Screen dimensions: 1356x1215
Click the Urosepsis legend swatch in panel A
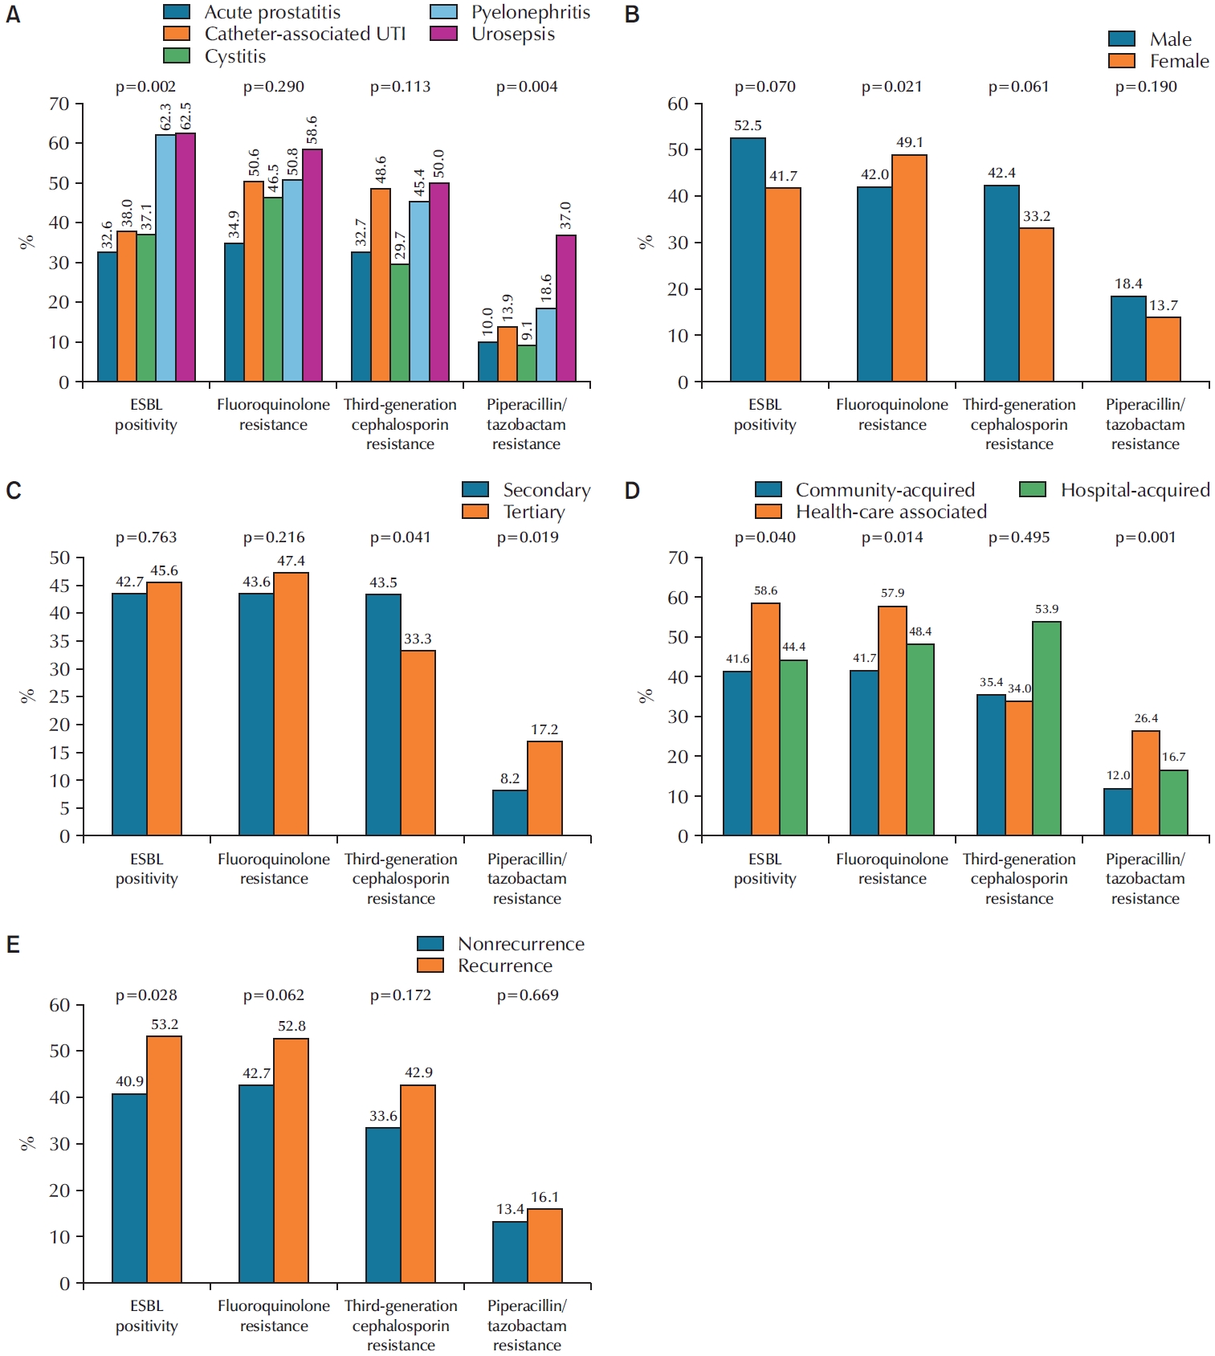click(443, 34)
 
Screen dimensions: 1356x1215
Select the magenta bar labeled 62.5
click(186, 257)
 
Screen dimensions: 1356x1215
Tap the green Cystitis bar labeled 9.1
click(527, 363)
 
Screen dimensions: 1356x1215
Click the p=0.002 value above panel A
click(145, 87)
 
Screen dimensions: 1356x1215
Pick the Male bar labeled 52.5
click(748, 259)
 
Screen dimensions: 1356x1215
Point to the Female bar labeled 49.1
click(909, 268)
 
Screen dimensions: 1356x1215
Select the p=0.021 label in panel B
click(891, 87)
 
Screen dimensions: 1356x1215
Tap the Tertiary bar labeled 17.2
click(544, 788)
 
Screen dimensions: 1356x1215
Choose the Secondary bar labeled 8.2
click(510, 813)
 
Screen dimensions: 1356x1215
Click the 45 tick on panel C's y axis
click(60, 586)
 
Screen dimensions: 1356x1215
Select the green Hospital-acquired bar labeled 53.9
click(1046, 729)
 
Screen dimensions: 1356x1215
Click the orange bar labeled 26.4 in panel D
click(1146, 783)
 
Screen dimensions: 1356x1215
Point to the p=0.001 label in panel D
click(1145, 537)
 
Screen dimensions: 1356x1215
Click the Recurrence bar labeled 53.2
click(164, 1159)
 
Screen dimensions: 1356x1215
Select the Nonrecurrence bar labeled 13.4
click(510, 1252)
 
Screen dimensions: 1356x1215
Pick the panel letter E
click(13, 945)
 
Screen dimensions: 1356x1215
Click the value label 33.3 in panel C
click(418, 639)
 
